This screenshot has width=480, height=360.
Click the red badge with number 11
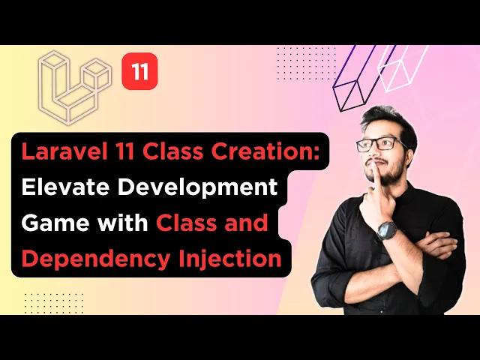pyautogui.click(x=139, y=71)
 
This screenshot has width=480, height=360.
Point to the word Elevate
pyautogui.click(x=65, y=187)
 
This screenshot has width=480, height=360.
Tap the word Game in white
pyautogui.click(x=55, y=223)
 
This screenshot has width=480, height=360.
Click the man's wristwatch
pyautogui.click(x=387, y=231)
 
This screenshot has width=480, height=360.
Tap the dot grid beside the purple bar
pyautogui.click(x=307, y=64)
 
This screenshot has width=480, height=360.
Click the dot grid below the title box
pyautogui.click(x=54, y=303)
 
